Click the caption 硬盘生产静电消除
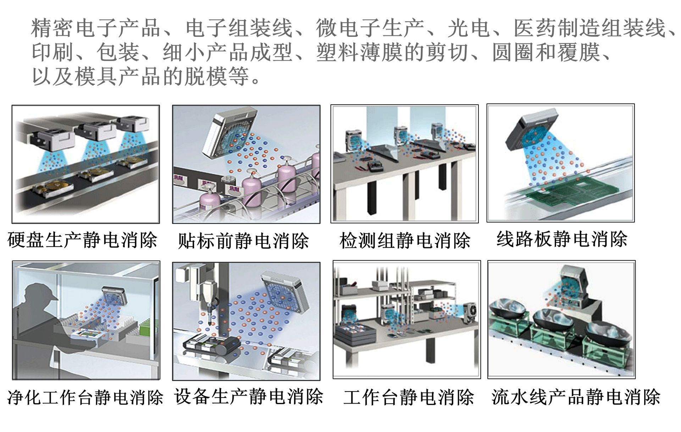click(82, 240)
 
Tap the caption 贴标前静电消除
click(243, 241)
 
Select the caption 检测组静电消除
click(405, 241)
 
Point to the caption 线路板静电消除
click(562, 239)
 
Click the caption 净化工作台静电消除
click(85, 397)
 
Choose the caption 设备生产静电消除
click(249, 396)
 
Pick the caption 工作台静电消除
click(409, 397)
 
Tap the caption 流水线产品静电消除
click(576, 397)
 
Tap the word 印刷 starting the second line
click(53, 53)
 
